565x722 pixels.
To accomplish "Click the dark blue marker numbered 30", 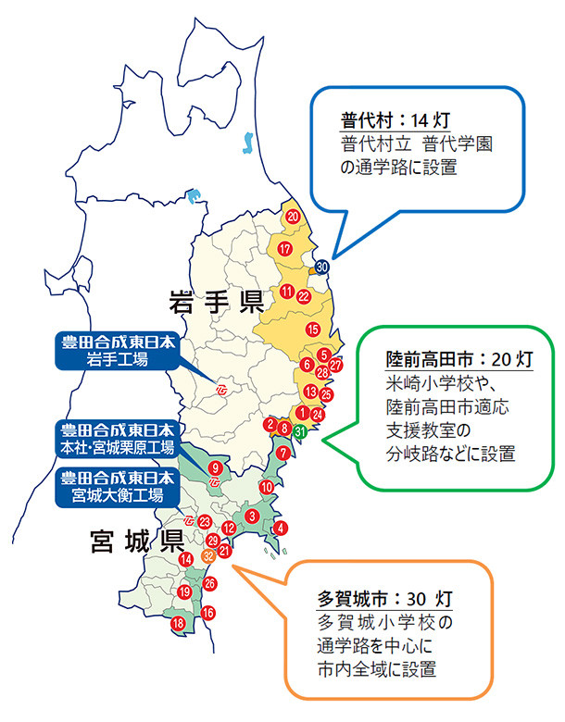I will [x=321, y=267].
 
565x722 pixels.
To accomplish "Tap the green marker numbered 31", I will [x=300, y=431].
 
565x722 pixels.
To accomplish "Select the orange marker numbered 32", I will [x=208, y=555].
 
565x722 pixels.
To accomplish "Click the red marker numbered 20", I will [x=293, y=217].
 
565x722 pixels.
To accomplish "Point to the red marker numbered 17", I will [x=285, y=250].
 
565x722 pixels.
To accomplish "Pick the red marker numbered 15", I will [x=313, y=330].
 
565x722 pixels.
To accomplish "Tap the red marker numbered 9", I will [x=215, y=467].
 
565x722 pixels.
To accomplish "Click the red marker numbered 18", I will [x=178, y=624].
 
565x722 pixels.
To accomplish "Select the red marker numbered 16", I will [x=208, y=613].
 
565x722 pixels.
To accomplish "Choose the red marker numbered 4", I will [x=281, y=529].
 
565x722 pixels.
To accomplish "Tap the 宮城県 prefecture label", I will [x=135, y=539].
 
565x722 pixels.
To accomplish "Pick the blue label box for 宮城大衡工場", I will [x=117, y=485].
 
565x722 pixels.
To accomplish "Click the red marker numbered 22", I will [x=304, y=295].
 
